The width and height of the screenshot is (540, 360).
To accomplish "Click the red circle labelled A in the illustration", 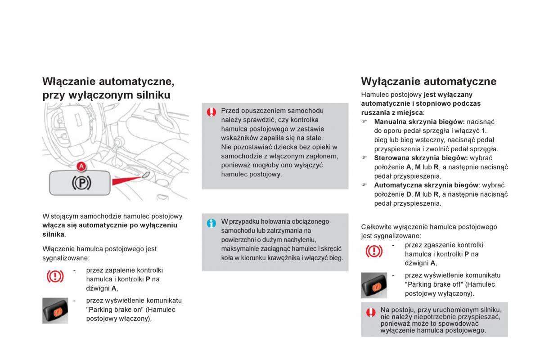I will pyautogui.click(x=81, y=166).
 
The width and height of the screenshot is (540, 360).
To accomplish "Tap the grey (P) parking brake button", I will pyautogui.click(x=79, y=183).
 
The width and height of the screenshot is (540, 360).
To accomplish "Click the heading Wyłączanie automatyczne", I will pyautogui.click(x=428, y=81).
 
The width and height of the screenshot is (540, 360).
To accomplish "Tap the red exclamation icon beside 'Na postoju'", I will pyautogui.click(x=371, y=312).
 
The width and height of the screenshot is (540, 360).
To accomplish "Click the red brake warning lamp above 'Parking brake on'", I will pyautogui.click(x=55, y=276).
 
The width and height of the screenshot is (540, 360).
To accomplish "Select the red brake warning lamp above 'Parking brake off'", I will pyautogui.click(x=374, y=251).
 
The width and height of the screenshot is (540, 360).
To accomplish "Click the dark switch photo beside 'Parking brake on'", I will pyautogui.click(x=55, y=310).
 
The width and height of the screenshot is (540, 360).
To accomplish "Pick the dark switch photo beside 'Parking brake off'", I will pyautogui.click(x=374, y=285).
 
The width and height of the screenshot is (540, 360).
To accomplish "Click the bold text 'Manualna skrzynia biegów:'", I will pyautogui.click(x=419, y=122).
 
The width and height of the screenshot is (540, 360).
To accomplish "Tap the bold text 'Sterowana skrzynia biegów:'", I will pyautogui.click(x=421, y=158).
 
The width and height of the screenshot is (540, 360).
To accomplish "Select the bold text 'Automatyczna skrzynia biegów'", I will pyautogui.click(x=426, y=185).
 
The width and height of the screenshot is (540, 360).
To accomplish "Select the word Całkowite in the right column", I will pyautogui.click(x=375, y=227).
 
